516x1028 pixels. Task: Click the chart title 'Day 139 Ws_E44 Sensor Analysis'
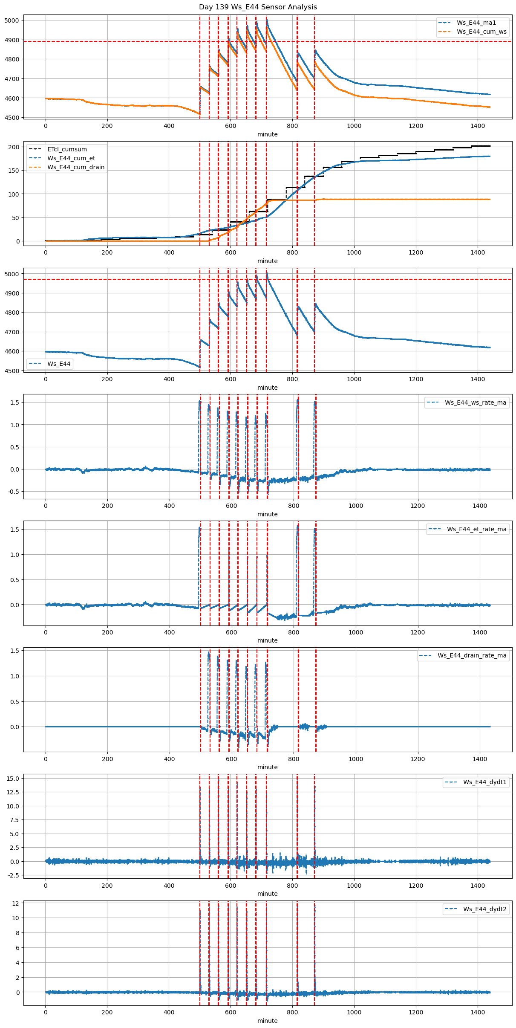point(258,7)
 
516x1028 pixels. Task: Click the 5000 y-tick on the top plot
point(12,20)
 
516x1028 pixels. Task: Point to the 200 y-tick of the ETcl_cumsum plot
point(14,147)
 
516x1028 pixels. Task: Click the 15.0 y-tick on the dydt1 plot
point(13,778)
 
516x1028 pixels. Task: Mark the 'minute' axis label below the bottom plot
point(267,1021)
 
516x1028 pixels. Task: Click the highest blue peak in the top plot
point(267,20)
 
